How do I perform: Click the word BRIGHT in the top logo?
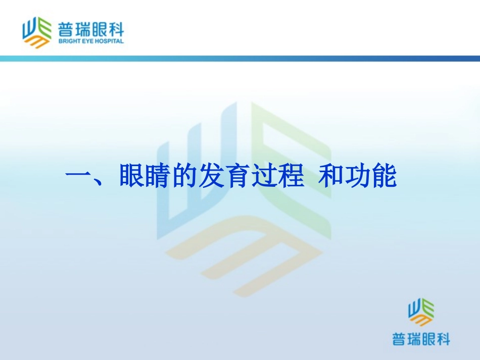[x=68, y=41]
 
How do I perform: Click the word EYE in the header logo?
[x=88, y=41]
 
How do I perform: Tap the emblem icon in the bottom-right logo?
[x=421, y=312]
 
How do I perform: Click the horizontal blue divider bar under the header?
[x=240, y=59]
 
